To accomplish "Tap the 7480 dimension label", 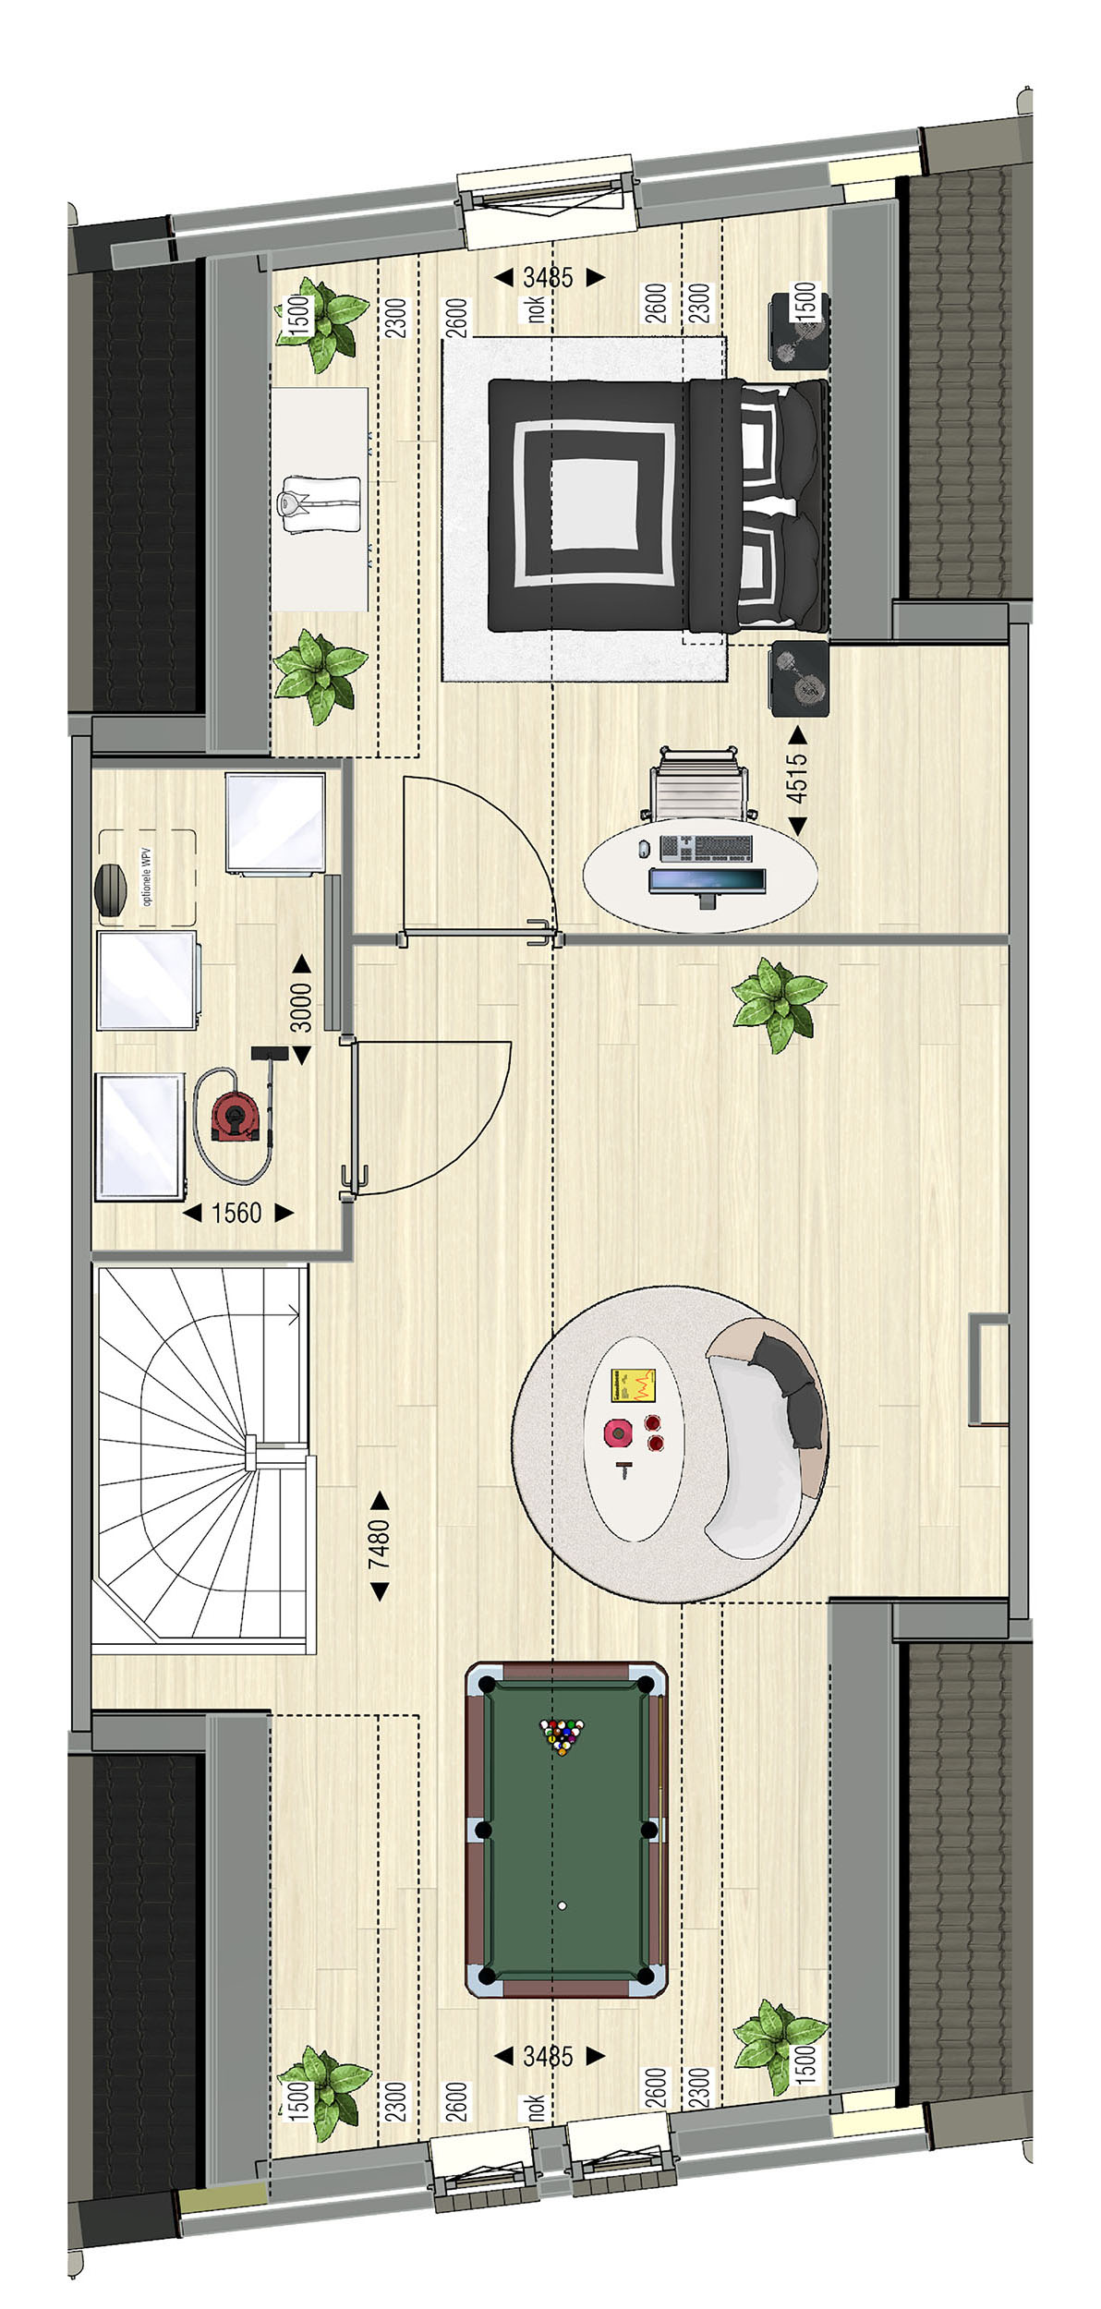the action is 379,1544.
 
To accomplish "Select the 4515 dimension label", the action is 796,779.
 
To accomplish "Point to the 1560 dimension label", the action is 236,1213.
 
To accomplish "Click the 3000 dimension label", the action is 302,1007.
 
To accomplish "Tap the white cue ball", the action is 562,1904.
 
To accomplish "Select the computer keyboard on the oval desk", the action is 707,847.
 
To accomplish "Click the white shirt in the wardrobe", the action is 318,503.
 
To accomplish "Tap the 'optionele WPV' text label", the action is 148,877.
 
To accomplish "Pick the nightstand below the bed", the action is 799,679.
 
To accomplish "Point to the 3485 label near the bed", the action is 549,276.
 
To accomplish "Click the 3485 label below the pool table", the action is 549,2056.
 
